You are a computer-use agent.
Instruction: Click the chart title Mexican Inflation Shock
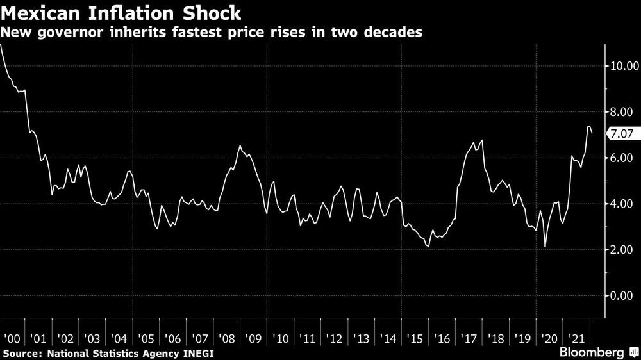point(121,13)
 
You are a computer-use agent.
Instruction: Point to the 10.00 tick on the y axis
point(623,65)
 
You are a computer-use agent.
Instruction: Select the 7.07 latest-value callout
point(623,134)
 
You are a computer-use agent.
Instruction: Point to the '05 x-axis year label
point(146,338)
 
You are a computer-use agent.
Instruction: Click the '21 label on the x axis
point(576,338)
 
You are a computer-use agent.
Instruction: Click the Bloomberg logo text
point(590,353)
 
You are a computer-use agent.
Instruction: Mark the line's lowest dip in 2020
point(545,246)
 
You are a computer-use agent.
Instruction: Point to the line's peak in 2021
point(588,127)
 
